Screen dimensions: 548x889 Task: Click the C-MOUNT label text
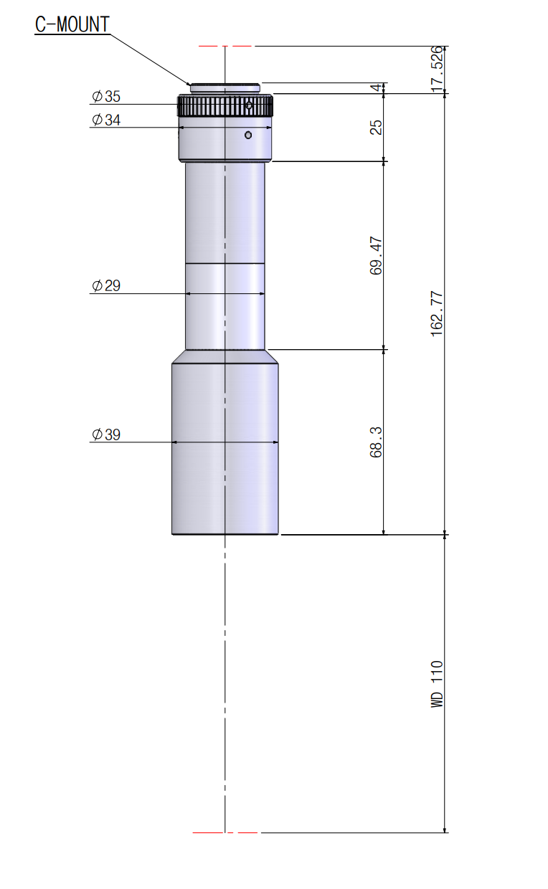(x=72, y=24)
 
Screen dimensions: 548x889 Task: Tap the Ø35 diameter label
(x=105, y=97)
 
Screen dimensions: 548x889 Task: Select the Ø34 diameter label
(x=105, y=120)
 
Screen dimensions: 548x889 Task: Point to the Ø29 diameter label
(x=105, y=286)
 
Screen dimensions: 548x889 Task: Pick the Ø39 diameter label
(x=105, y=434)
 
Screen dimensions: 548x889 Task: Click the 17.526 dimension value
(x=436, y=70)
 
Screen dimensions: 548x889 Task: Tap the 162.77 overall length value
(x=436, y=314)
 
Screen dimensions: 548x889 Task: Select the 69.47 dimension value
(x=376, y=256)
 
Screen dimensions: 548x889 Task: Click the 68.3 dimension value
(x=376, y=442)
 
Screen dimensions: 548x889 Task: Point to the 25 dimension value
(x=376, y=128)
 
